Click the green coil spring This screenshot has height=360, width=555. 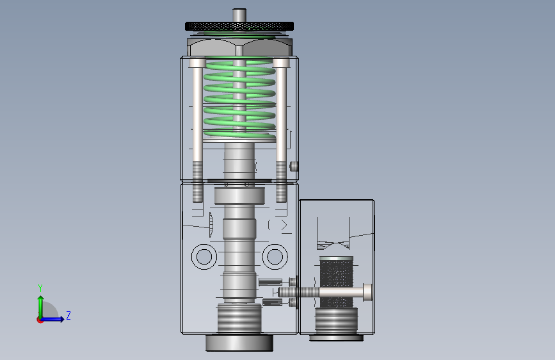click(x=239, y=99)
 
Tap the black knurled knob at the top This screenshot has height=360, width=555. click(x=239, y=26)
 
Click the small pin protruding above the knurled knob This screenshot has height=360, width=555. click(x=239, y=15)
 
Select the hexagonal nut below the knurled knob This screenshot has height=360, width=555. click(x=239, y=47)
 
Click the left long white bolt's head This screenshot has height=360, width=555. click(x=197, y=63)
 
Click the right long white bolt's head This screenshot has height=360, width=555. click(x=281, y=63)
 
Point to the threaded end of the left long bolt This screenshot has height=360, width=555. click(x=198, y=182)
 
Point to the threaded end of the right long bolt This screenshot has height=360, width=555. click(x=281, y=182)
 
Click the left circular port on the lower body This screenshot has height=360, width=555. click(x=204, y=256)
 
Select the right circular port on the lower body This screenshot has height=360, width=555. click(x=275, y=256)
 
